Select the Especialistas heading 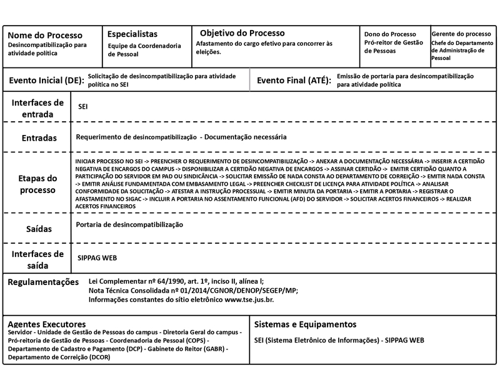click(x=132, y=34)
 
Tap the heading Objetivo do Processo click(x=242, y=33)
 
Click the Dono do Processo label click(x=390, y=34)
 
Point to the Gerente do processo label click(x=461, y=34)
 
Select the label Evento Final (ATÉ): click(x=294, y=81)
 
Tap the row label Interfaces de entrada click(x=37, y=108)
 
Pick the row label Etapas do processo click(x=37, y=184)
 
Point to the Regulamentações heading click(x=44, y=282)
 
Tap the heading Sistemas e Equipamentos click(x=306, y=324)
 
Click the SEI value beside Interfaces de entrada click(x=82, y=107)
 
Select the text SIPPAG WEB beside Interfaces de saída click(x=97, y=257)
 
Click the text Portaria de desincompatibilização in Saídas click(x=128, y=224)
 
